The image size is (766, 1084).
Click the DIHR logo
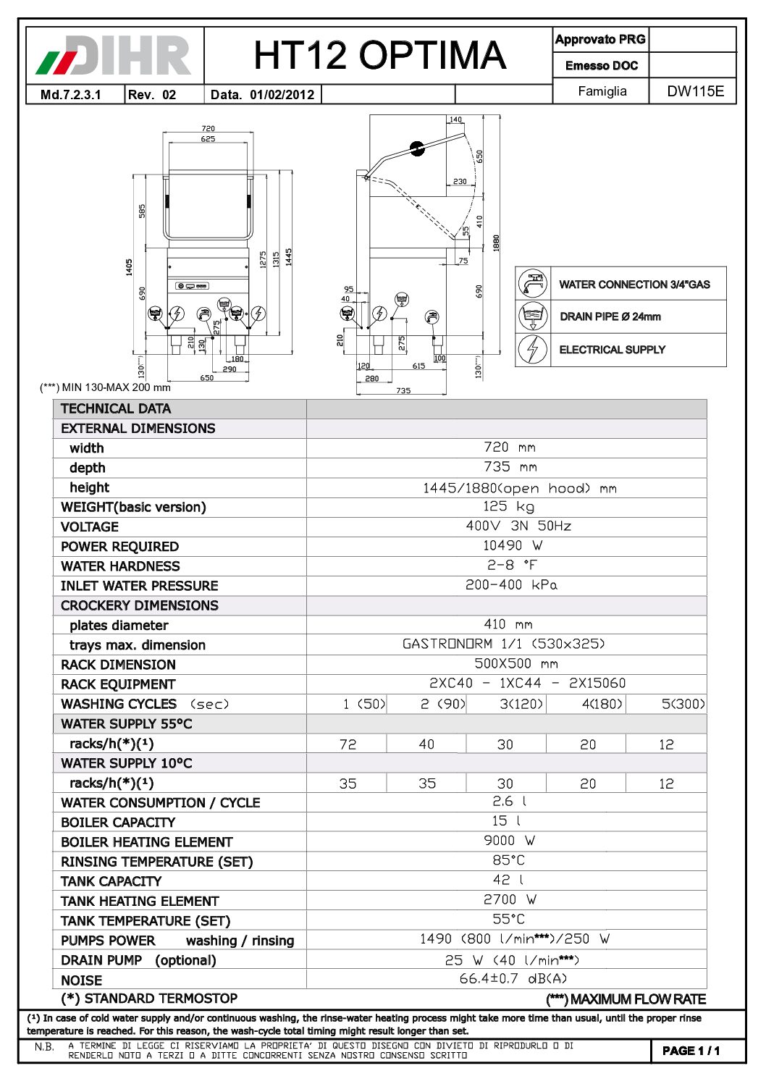tap(114, 56)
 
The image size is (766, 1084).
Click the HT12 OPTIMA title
tap(379, 55)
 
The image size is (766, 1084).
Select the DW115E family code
tap(694, 91)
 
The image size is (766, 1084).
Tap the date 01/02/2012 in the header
tap(282, 95)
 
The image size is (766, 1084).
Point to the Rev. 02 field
tap(152, 95)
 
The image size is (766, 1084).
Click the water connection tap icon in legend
tap(533, 283)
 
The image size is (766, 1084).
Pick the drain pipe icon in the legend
tap(533, 316)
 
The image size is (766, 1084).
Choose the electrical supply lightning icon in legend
tap(533, 349)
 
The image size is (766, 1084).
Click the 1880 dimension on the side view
tap(497, 243)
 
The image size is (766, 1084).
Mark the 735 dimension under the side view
tap(403, 391)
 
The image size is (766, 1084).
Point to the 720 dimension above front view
tap(208, 128)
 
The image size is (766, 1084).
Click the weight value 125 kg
tap(508, 506)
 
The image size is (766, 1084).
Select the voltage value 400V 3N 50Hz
tap(518, 526)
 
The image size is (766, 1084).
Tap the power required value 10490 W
tap(513, 545)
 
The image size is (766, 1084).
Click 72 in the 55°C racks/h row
tap(348, 744)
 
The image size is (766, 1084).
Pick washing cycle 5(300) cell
tap(683, 704)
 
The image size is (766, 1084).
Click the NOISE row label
tap(82, 980)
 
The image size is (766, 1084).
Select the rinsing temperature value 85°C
tap(508, 860)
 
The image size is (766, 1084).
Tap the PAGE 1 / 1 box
tap(691, 1051)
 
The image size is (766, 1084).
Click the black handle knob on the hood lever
tap(417, 148)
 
